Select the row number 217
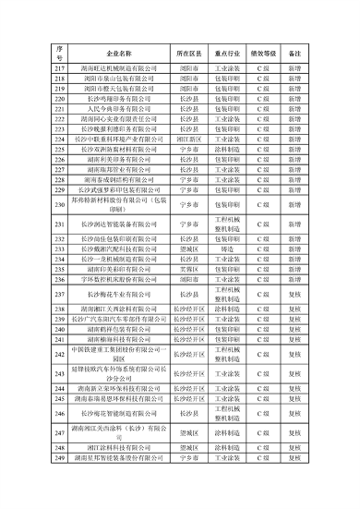59,69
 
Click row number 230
59,204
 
